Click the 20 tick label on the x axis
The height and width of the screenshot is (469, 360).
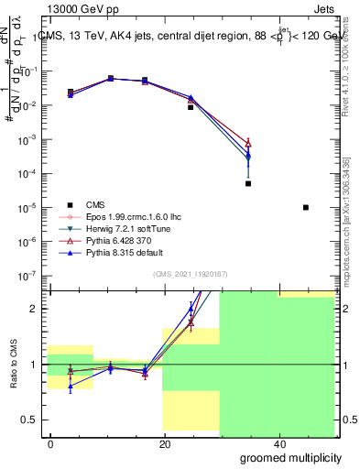(x=165, y=443)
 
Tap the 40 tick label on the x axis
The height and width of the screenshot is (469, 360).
(x=278, y=443)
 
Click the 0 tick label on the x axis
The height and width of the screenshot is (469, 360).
(x=51, y=443)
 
